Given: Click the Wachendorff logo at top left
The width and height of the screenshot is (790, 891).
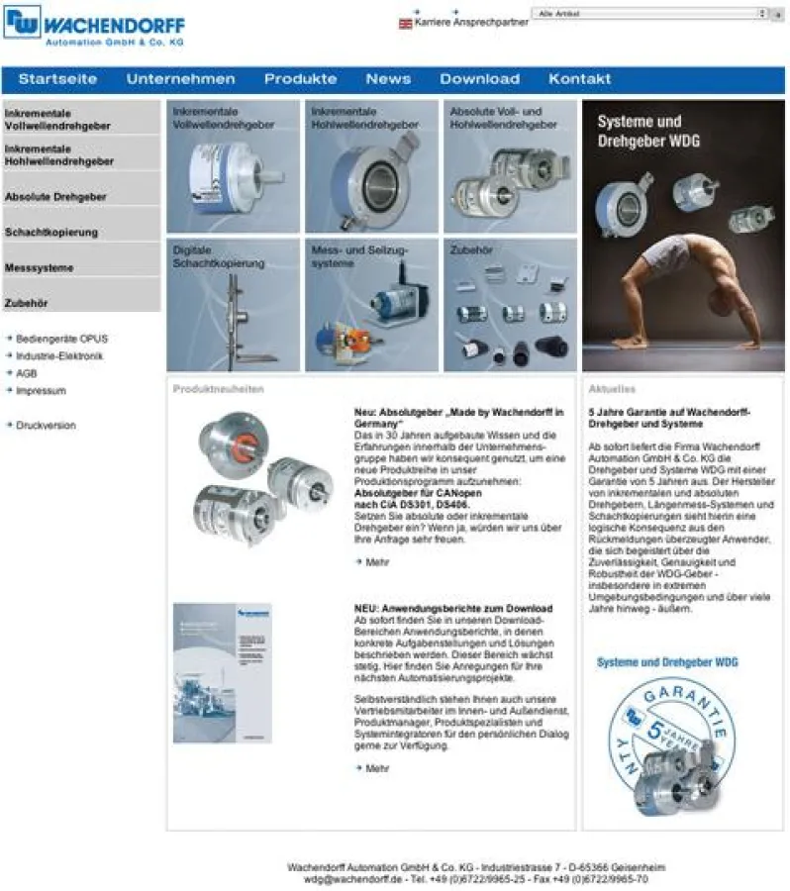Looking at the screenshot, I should pos(93,25).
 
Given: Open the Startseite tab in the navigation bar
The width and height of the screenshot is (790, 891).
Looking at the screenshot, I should pos(57,79).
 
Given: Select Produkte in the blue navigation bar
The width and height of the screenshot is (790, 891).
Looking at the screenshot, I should pos(300,79).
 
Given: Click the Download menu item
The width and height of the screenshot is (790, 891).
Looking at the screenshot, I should pos(479,79).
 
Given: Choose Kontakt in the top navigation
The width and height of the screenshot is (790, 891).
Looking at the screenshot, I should pos(579,79).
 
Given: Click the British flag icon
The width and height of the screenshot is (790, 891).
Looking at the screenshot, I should pos(405,23).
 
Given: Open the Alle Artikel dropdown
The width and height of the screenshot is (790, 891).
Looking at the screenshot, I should pos(649,14).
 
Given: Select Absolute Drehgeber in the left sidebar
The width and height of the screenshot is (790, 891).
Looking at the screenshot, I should pos(55,197).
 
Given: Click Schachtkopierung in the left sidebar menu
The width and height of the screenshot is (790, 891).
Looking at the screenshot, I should pos(51,233).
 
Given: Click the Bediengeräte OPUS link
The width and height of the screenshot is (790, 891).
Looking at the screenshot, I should pos(61,339).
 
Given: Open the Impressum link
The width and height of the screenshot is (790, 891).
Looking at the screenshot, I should pos(41,391).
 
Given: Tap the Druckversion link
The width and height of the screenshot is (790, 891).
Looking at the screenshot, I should pos(46,426).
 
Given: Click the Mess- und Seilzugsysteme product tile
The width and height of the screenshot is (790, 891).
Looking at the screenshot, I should pos(371,305).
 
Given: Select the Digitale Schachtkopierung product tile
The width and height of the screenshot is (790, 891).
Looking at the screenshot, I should pos(233,305).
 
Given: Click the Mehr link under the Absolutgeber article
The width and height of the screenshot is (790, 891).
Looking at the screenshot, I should pos(377,562).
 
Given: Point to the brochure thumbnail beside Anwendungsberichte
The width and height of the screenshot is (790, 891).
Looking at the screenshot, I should pos(222,673).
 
